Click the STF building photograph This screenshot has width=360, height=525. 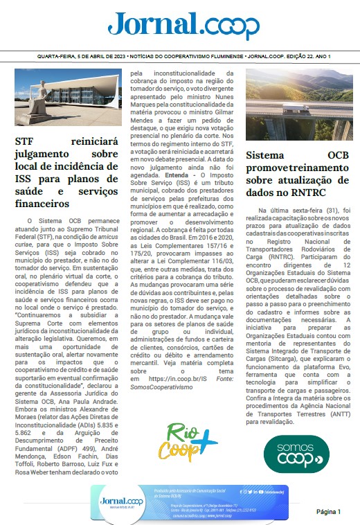(66, 97)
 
